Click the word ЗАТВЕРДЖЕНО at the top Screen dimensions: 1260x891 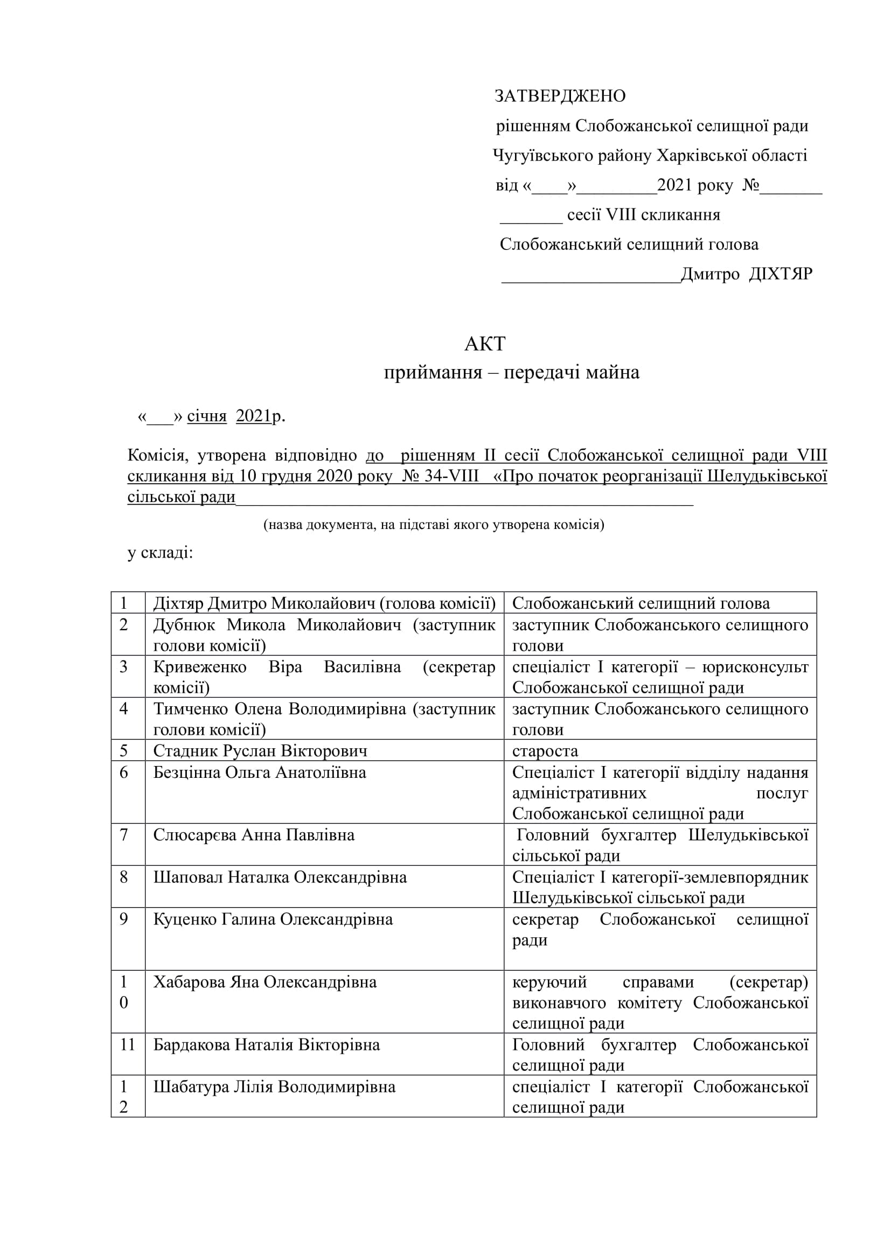click(560, 96)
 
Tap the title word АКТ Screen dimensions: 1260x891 click(485, 344)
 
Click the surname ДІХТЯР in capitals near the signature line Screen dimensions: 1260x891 click(780, 274)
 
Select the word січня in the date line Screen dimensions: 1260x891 click(207, 416)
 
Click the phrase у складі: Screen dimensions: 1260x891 click(160, 553)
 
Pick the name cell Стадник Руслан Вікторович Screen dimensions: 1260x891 click(260, 750)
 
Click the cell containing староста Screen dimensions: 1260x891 click(545, 751)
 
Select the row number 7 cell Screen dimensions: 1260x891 click(124, 834)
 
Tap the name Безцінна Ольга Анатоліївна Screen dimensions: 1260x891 click(260, 772)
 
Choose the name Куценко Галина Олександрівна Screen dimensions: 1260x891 click(273, 919)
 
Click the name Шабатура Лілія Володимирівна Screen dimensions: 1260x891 click(274, 1087)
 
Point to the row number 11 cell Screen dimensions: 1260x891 click(127, 1045)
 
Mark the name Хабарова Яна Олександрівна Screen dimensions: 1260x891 click(265, 982)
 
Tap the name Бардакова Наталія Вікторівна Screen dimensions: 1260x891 click(266, 1045)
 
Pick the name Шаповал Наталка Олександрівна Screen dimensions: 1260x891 click(280, 877)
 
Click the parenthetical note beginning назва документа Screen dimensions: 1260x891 click(434, 525)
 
